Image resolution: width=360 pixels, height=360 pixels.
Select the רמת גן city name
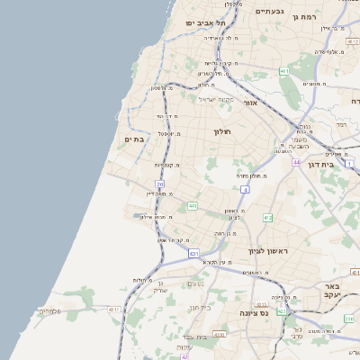tap(335, 17)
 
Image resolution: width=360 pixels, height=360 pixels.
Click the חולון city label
tap(222, 132)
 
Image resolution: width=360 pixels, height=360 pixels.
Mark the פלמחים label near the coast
tap(49, 311)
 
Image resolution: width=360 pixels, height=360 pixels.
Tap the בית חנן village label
tap(201, 306)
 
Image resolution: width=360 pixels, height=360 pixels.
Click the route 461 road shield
tap(284, 71)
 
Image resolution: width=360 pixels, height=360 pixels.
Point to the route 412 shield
tap(267, 218)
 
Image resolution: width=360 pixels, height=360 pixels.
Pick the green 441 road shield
tap(193, 207)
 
